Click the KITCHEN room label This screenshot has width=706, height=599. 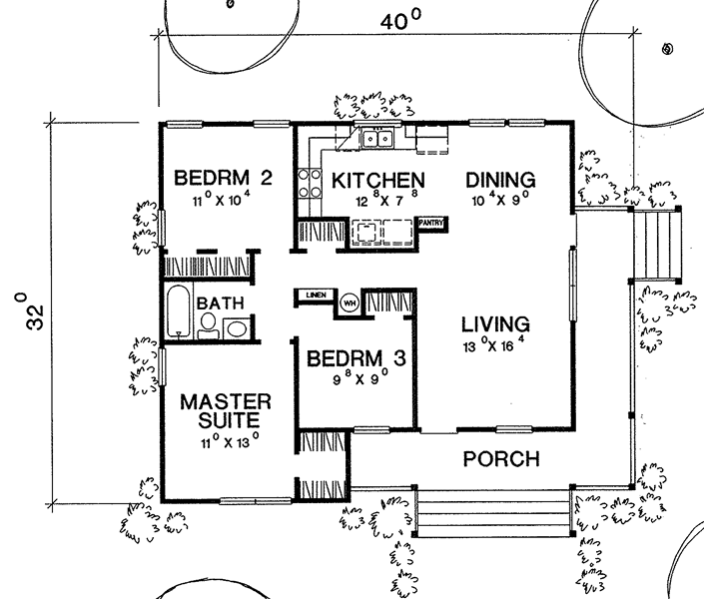pyautogui.click(x=378, y=181)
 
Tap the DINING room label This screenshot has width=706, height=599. pyautogui.click(x=501, y=180)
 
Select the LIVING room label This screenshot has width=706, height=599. pyautogui.click(x=493, y=324)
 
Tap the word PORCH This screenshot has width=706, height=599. pyautogui.click(x=502, y=460)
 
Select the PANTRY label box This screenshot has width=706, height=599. pyautogui.click(x=430, y=223)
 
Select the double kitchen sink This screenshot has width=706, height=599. pyautogui.click(x=375, y=138)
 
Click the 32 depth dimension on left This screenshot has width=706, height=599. pyautogui.click(x=21, y=312)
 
